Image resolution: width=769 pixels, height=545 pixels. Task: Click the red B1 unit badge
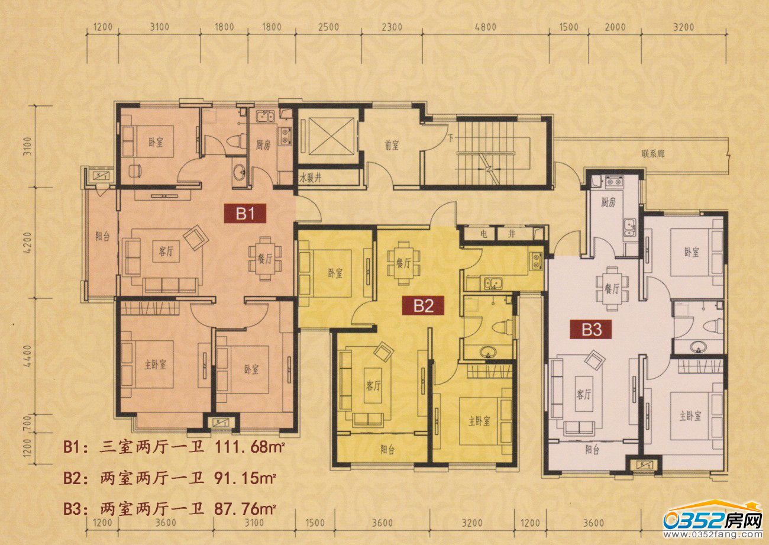(x=245, y=214)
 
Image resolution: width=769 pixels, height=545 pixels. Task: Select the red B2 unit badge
(x=424, y=305)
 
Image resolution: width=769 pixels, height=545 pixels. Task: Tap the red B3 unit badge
(x=592, y=330)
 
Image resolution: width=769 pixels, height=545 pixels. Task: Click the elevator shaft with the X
(x=328, y=136)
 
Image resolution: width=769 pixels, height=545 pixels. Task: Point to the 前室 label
(x=392, y=146)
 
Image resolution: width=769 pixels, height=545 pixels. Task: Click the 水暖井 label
(x=310, y=178)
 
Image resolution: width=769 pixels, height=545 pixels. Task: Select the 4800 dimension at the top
(x=485, y=27)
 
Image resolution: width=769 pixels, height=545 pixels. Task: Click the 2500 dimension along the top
(x=328, y=27)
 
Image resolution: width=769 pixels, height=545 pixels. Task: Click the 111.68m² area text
(x=250, y=447)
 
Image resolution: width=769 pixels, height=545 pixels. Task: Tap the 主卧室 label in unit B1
(x=155, y=365)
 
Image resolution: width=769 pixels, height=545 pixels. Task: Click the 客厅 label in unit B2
(x=373, y=386)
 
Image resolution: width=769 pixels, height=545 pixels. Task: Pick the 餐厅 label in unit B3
(x=612, y=289)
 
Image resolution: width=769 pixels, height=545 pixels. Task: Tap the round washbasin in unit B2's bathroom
(x=487, y=351)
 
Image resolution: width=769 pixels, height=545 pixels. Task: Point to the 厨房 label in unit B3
(x=608, y=203)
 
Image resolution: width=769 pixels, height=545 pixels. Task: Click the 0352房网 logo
(x=713, y=523)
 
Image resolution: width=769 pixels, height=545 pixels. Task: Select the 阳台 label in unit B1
(x=102, y=236)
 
